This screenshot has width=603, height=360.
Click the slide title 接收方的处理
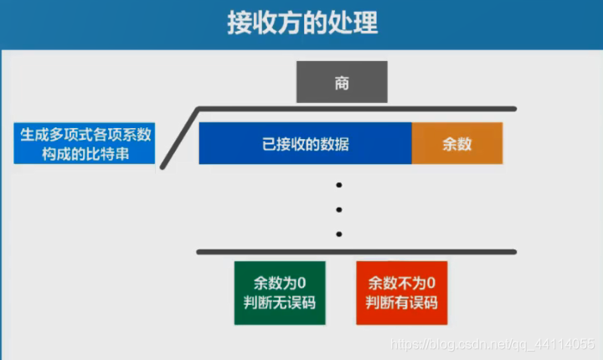301,23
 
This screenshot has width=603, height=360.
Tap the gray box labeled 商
341,83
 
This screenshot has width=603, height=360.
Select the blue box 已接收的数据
305,143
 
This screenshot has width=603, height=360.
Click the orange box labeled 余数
457,143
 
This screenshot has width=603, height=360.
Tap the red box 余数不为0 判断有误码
401,293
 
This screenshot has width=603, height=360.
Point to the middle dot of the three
339,210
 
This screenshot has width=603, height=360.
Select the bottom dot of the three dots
339,234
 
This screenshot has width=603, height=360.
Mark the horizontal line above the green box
356,251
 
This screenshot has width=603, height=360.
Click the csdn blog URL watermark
493,344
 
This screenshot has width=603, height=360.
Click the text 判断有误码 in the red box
401,303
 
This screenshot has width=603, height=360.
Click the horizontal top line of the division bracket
356,108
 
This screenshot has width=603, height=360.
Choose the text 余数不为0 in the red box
401,284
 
